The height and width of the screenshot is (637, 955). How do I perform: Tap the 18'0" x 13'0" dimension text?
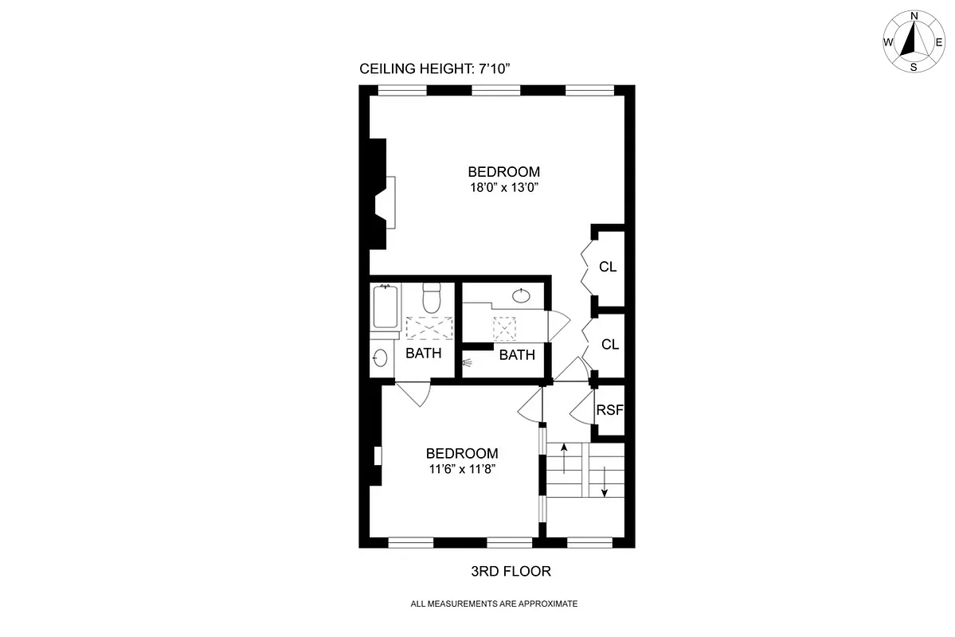tap(503, 189)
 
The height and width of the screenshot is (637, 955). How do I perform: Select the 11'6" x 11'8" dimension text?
tap(462, 470)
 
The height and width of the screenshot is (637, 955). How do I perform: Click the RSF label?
tap(609, 411)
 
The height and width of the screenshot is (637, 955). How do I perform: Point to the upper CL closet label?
tap(608, 267)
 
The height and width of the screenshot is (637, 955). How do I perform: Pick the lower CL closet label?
tap(610, 345)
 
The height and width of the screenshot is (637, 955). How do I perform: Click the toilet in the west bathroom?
tap(431, 299)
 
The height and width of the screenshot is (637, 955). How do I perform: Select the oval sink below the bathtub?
tap(380, 358)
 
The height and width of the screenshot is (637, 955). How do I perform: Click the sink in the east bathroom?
tap(521, 296)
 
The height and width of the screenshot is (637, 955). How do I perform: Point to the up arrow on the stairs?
tap(564, 458)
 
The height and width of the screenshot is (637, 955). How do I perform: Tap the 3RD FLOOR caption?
tap(511, 572)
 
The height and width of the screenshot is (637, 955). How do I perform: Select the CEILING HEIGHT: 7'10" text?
tap(434, 69)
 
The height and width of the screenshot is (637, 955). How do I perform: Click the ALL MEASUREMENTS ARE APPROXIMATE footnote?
tap(494, 604)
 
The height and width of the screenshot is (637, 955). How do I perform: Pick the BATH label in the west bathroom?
tap(423, 353)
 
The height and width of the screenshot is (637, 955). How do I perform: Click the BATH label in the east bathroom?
tap(517, 355)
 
